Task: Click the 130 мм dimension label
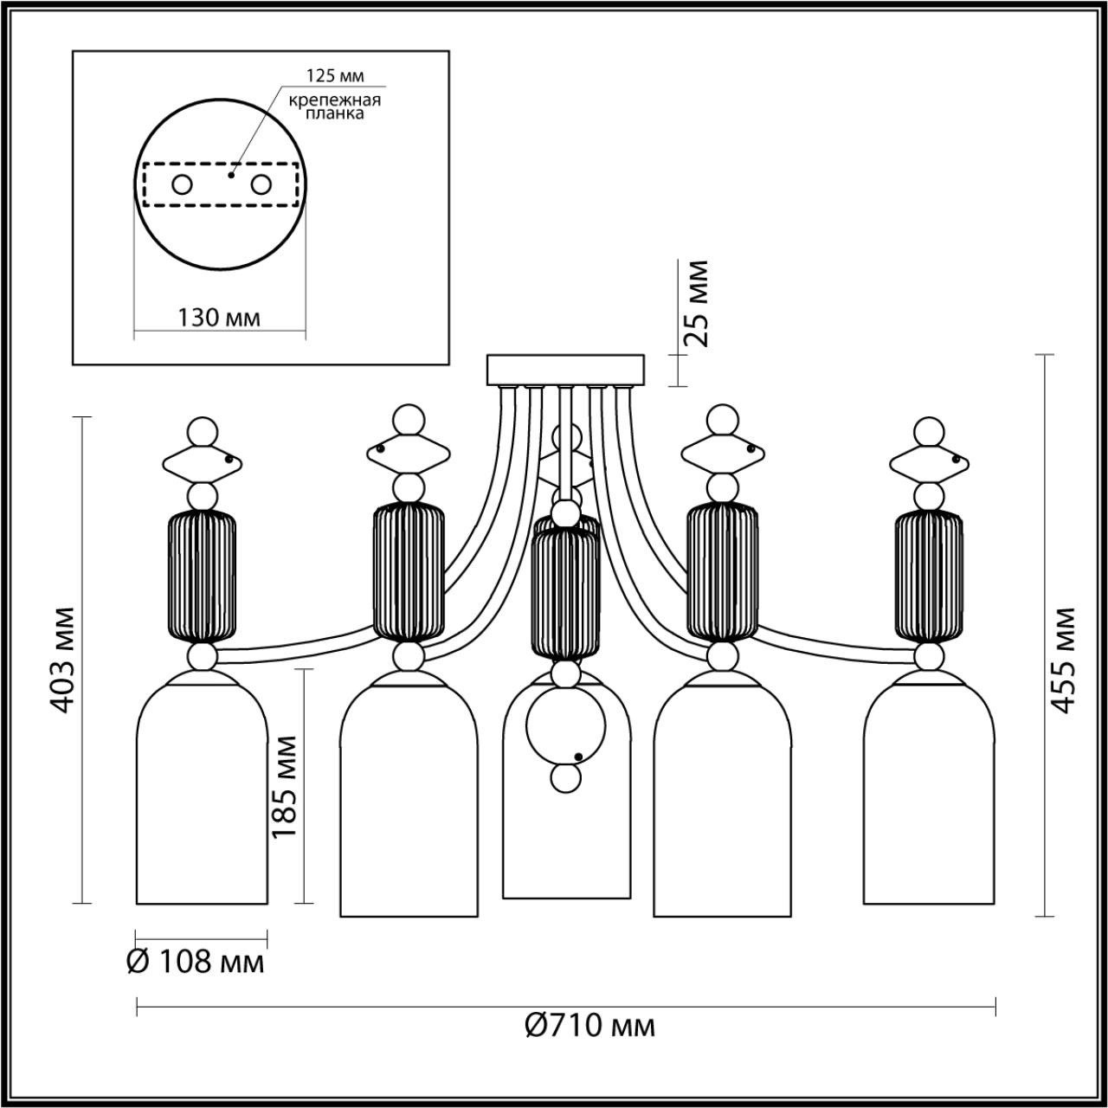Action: coord(218,318)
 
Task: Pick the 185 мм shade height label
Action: coord(285,786)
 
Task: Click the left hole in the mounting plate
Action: coord(182,184)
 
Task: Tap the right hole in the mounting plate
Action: coord(261,184)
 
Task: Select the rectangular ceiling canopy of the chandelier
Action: coord(566,370)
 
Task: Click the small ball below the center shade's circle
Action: coord(566,778)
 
